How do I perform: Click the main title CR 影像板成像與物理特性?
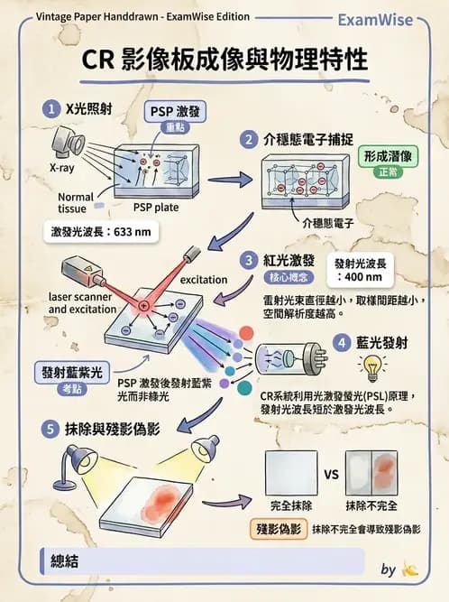coord(224,60)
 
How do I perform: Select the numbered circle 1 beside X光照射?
coord(50,107)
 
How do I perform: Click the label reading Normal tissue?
coord(76,202)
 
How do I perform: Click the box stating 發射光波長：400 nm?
coord(368,268)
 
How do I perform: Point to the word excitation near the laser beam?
coord(203,280)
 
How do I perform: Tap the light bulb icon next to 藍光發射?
coord(370,366)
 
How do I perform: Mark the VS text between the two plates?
coord(332,474)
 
